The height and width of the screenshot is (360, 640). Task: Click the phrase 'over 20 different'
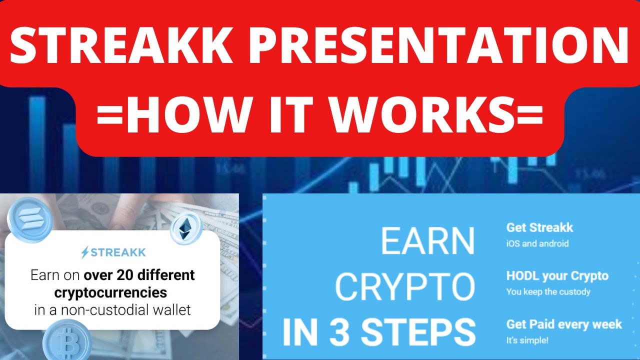tap(139, 275)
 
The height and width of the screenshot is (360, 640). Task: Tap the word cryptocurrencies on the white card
tap(110, 292)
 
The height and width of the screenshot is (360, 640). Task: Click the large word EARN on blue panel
tap(427, 241)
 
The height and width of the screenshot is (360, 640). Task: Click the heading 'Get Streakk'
tap(539, 227)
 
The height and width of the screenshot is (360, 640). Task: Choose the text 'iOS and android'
tap(537, 244)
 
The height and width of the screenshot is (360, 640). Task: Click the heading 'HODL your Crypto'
tap(557, 275)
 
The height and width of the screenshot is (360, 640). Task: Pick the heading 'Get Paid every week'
tap(564, 324)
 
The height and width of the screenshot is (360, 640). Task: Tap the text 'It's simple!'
tap(527, 340)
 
